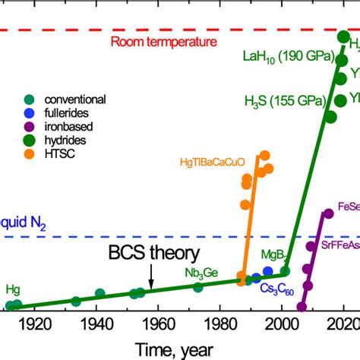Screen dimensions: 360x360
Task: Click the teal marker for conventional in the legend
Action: click(29, 99)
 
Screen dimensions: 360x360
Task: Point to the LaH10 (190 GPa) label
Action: click(286, 55)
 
